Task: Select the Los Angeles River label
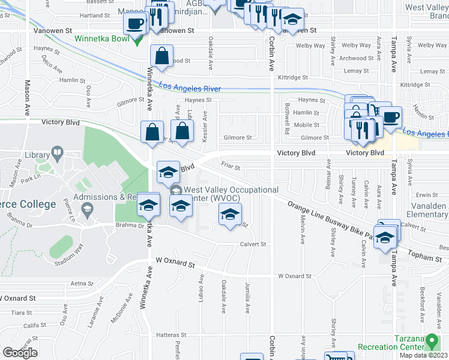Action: pos(190,89)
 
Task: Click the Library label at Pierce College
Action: pos(37,155)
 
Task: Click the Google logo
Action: pos(20,353)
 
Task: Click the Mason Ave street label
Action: pos(28,98)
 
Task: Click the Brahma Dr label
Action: pos(127,226)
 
